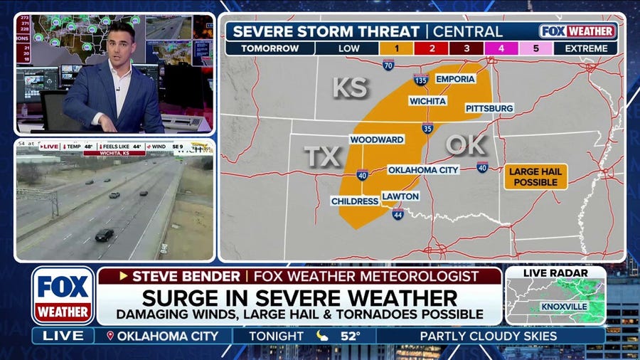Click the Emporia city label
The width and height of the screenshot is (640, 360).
[455, 79]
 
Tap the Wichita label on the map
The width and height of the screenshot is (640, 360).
[427, 101]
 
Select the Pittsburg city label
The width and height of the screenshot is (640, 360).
[489, 108]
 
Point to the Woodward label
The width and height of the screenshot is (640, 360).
[376, 139]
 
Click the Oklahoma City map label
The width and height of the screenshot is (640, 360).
[423, 170]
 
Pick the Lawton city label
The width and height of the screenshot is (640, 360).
[400, 196]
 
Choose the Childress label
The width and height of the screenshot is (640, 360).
[355, 201]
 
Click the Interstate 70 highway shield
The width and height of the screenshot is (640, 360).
[388, 65]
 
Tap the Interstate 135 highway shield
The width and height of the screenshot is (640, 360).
[420, 80]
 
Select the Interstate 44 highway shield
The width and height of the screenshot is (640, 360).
[398, 213]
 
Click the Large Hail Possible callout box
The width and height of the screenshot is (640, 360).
[536, 176]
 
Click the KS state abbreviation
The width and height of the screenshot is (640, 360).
[351, 88]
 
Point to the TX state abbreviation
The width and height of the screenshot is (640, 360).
[322, 157]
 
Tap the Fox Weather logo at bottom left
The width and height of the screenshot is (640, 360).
[63, 295]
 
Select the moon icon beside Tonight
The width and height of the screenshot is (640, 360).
[322, 335]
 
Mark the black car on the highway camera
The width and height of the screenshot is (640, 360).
[104, 235]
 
